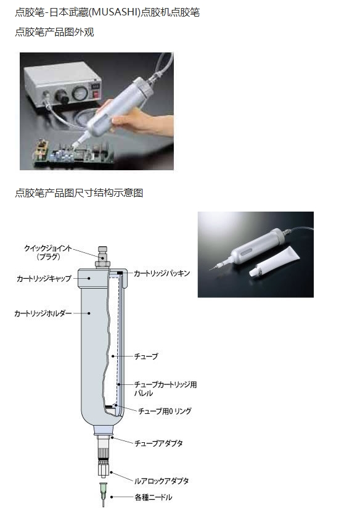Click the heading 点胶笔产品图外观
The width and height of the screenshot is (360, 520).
point(55,32)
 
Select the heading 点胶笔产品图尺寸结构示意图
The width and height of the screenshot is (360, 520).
point(80,192)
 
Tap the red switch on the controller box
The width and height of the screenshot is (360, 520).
point(96,94)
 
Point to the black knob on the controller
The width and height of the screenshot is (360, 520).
point(62,96)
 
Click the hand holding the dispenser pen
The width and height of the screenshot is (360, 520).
point(141,122)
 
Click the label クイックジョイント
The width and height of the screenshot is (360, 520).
point(48,248)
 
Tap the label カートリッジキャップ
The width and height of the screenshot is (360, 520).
point(44,279)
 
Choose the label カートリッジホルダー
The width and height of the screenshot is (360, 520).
point(43,313)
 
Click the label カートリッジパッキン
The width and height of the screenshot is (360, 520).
point(162,273)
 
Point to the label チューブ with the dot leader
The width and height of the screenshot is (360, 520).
point(146,357)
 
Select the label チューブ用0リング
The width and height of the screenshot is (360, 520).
point(165,411)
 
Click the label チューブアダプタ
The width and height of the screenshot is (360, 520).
point(158,444)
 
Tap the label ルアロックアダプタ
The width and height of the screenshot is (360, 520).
point(162,481)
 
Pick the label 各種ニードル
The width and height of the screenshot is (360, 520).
point(153,497)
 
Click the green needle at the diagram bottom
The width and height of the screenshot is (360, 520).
point(104,494)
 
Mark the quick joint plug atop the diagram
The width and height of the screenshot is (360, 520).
point(103,257)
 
